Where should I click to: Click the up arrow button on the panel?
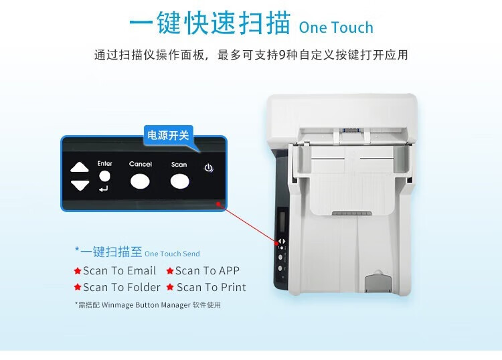point(80,167)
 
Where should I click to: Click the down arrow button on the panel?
point(80,185)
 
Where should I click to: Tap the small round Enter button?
point(104,176)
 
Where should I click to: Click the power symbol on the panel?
point(209,168)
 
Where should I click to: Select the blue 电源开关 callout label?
point(168,135)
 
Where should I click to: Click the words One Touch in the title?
point(336,27)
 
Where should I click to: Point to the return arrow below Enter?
point(103,189)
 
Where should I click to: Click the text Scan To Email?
point(119,271)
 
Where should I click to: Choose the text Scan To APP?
point(207,271)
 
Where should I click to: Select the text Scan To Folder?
point(122,287)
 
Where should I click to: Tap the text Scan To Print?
point(212,287)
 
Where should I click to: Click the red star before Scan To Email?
point(78,271)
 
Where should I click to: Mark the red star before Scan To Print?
point(170,287)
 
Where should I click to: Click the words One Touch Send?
point(172,254)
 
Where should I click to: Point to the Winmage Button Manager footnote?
point(148,305)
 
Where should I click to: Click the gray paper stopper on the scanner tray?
point(378,282)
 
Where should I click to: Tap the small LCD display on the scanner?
point(282,219)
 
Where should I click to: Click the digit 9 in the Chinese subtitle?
point(282,55)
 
